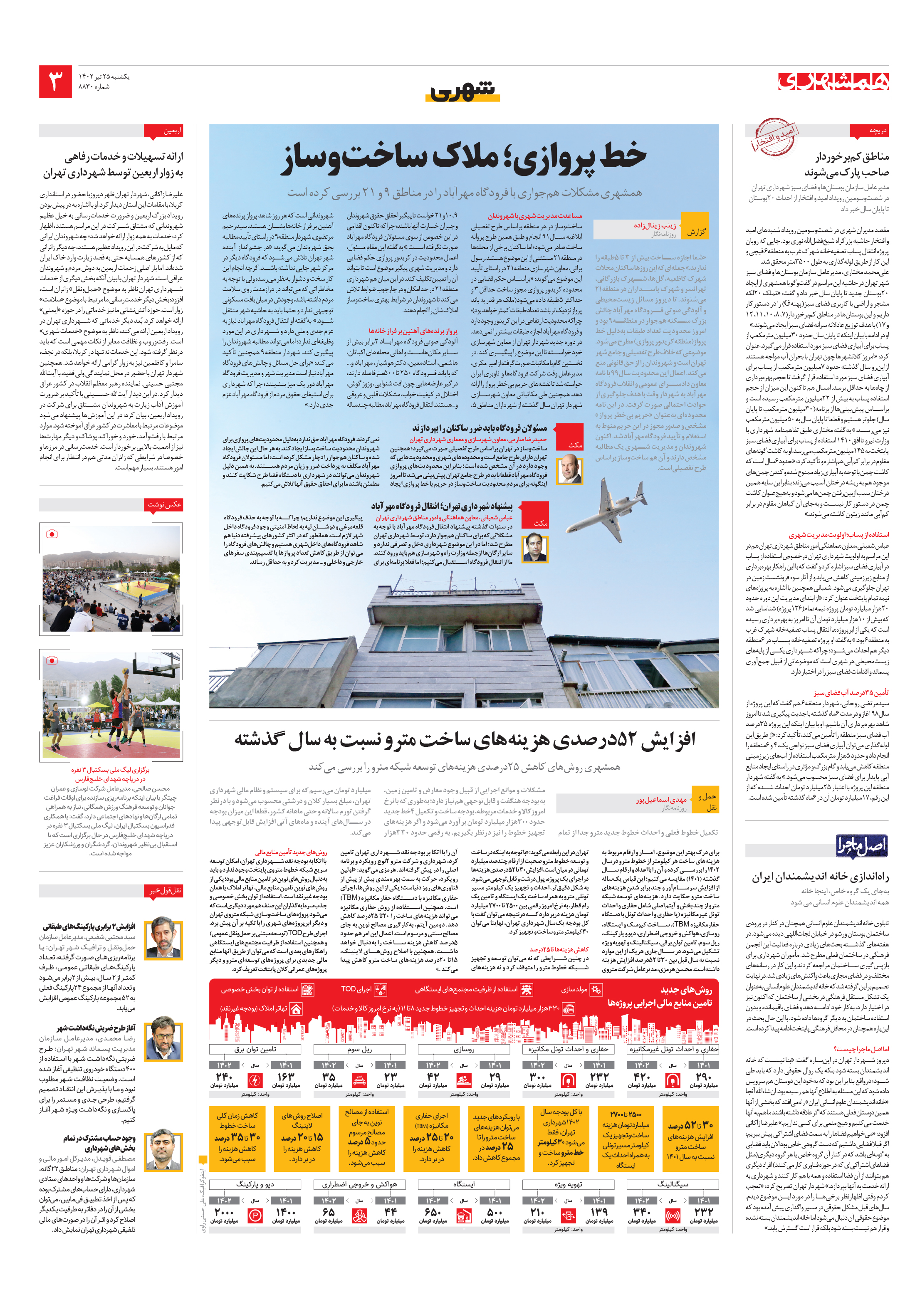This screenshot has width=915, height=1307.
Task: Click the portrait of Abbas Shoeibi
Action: pyautogui.click(x=535, y=548)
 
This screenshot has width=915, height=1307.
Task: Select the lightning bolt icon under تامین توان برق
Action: pyautogui.click(x=255, y=1079)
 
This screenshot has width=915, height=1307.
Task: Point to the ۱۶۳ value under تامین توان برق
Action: pyautogui.click(x=286, y=1077)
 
